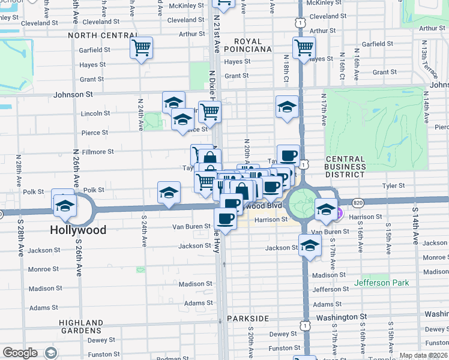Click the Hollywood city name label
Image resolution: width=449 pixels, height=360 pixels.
(x=78, y=230)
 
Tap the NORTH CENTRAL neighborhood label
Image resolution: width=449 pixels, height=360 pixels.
(x=98, y=35)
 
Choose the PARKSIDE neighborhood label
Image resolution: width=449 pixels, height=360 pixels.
(x=248, y=318)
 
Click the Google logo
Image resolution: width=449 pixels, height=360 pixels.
(x=20, y=353)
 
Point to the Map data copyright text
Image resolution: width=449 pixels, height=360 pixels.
(x=423, y=355)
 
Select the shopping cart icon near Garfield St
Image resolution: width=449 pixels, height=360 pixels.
(x=141, y=47)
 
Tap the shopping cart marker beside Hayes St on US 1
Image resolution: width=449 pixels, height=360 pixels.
(x=304, y=47)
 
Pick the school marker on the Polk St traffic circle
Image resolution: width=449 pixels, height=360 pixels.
(x=63, y=205)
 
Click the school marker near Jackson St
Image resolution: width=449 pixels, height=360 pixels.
(x=310, y=245)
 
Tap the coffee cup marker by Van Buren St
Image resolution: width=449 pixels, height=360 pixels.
(x=225, y=218)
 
